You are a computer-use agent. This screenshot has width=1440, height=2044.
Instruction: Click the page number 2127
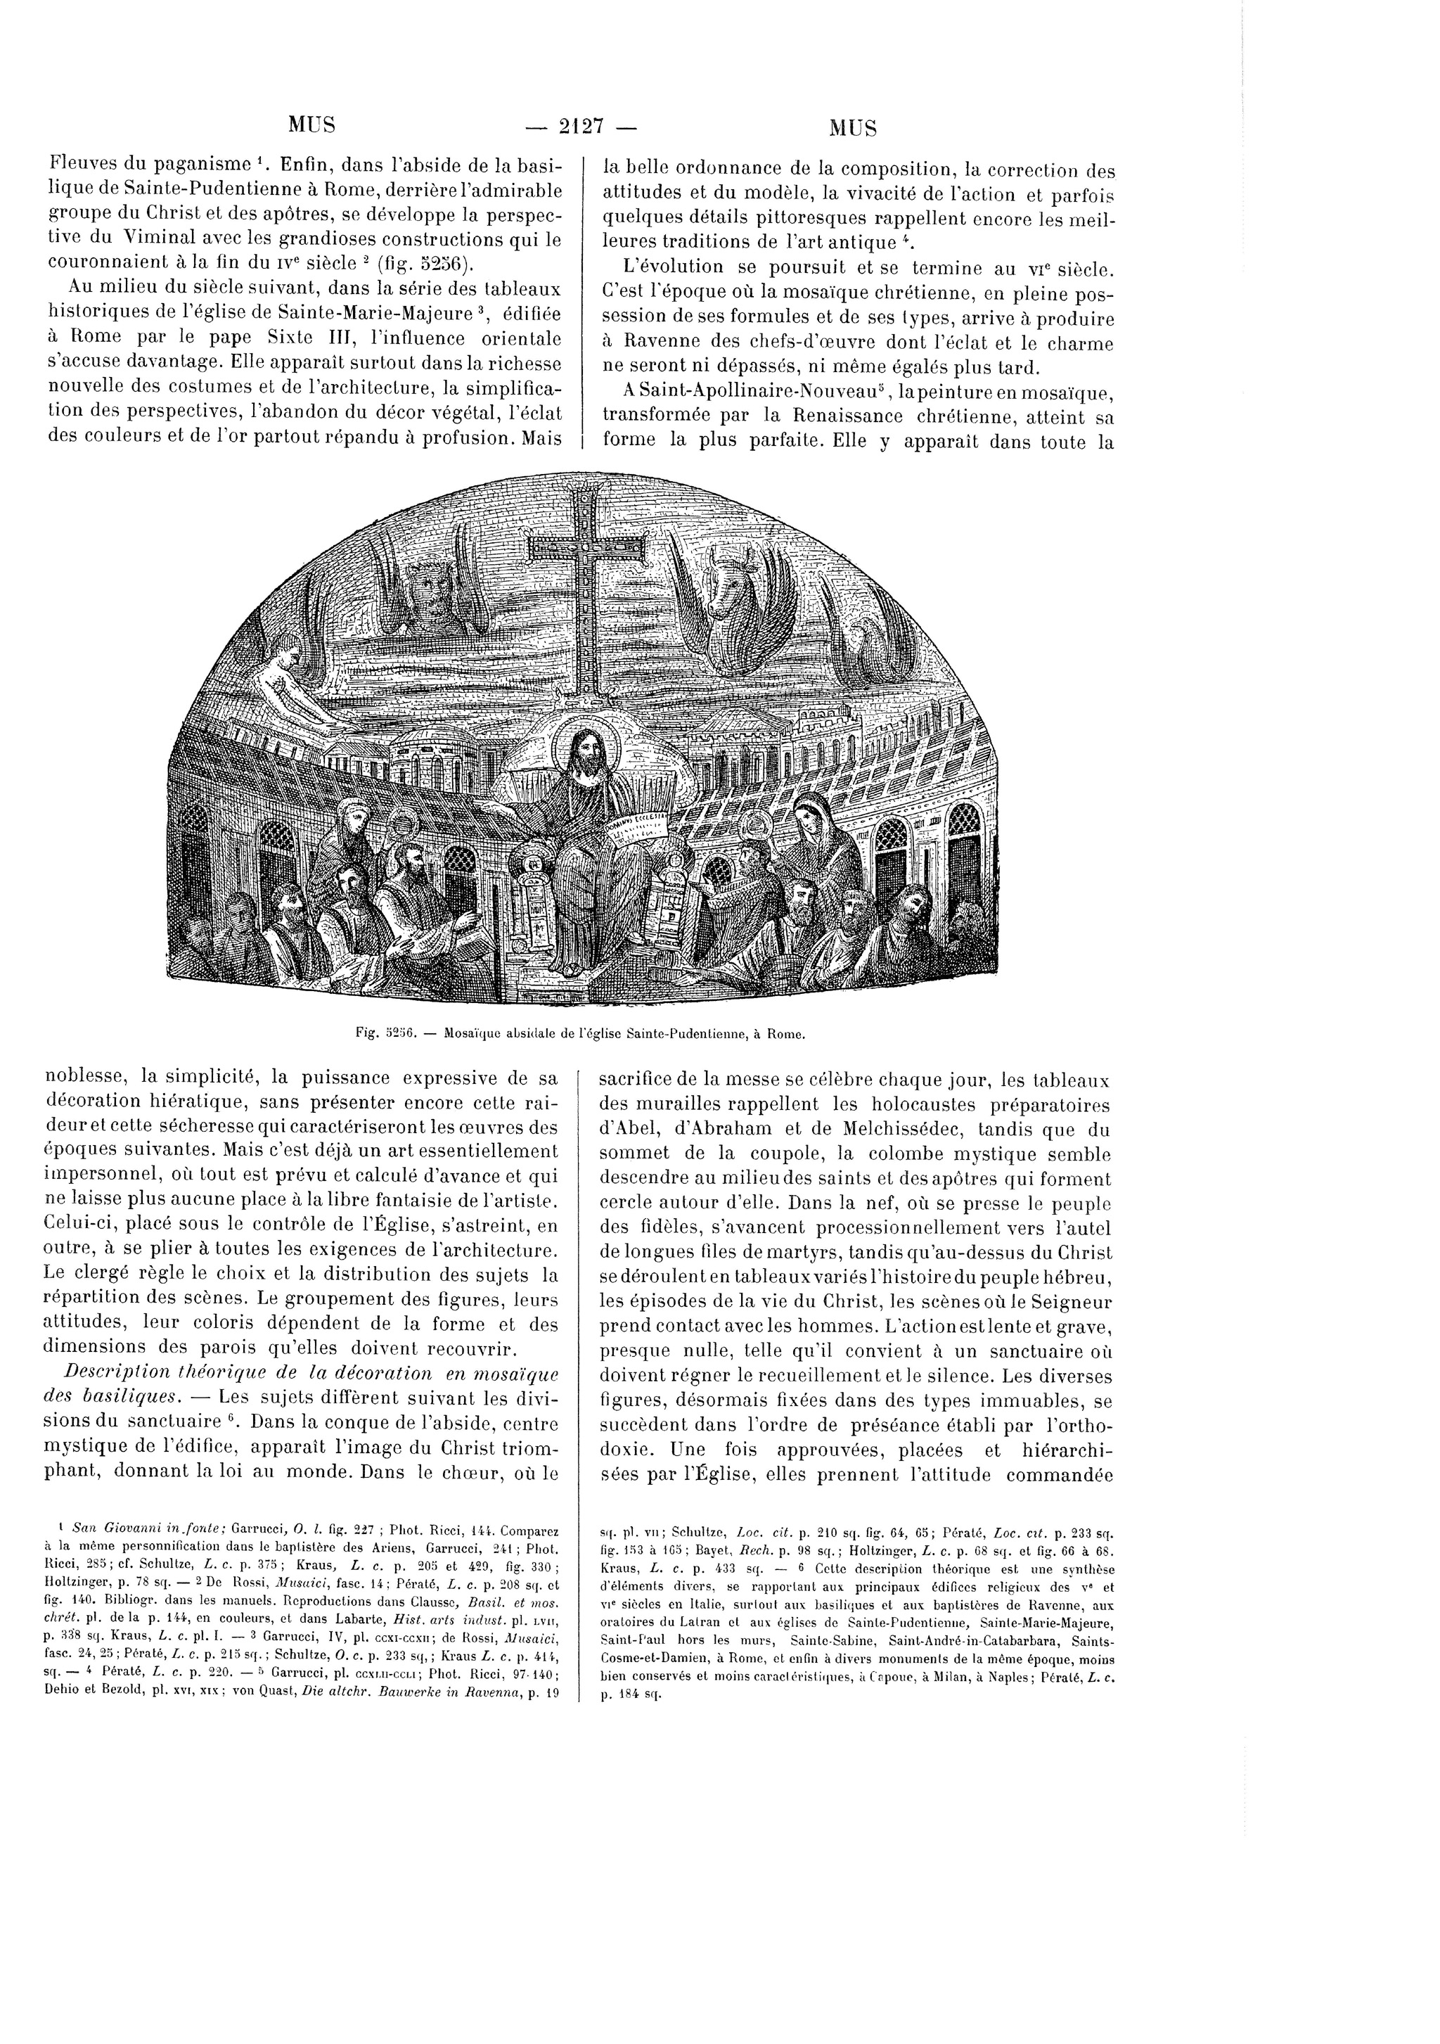point(582,127)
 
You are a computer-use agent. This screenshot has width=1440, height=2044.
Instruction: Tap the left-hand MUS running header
point(311,124)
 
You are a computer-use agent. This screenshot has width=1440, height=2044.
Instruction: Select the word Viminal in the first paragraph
point(160,238)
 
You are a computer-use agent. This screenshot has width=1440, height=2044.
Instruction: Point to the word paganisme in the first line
point(207,164)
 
